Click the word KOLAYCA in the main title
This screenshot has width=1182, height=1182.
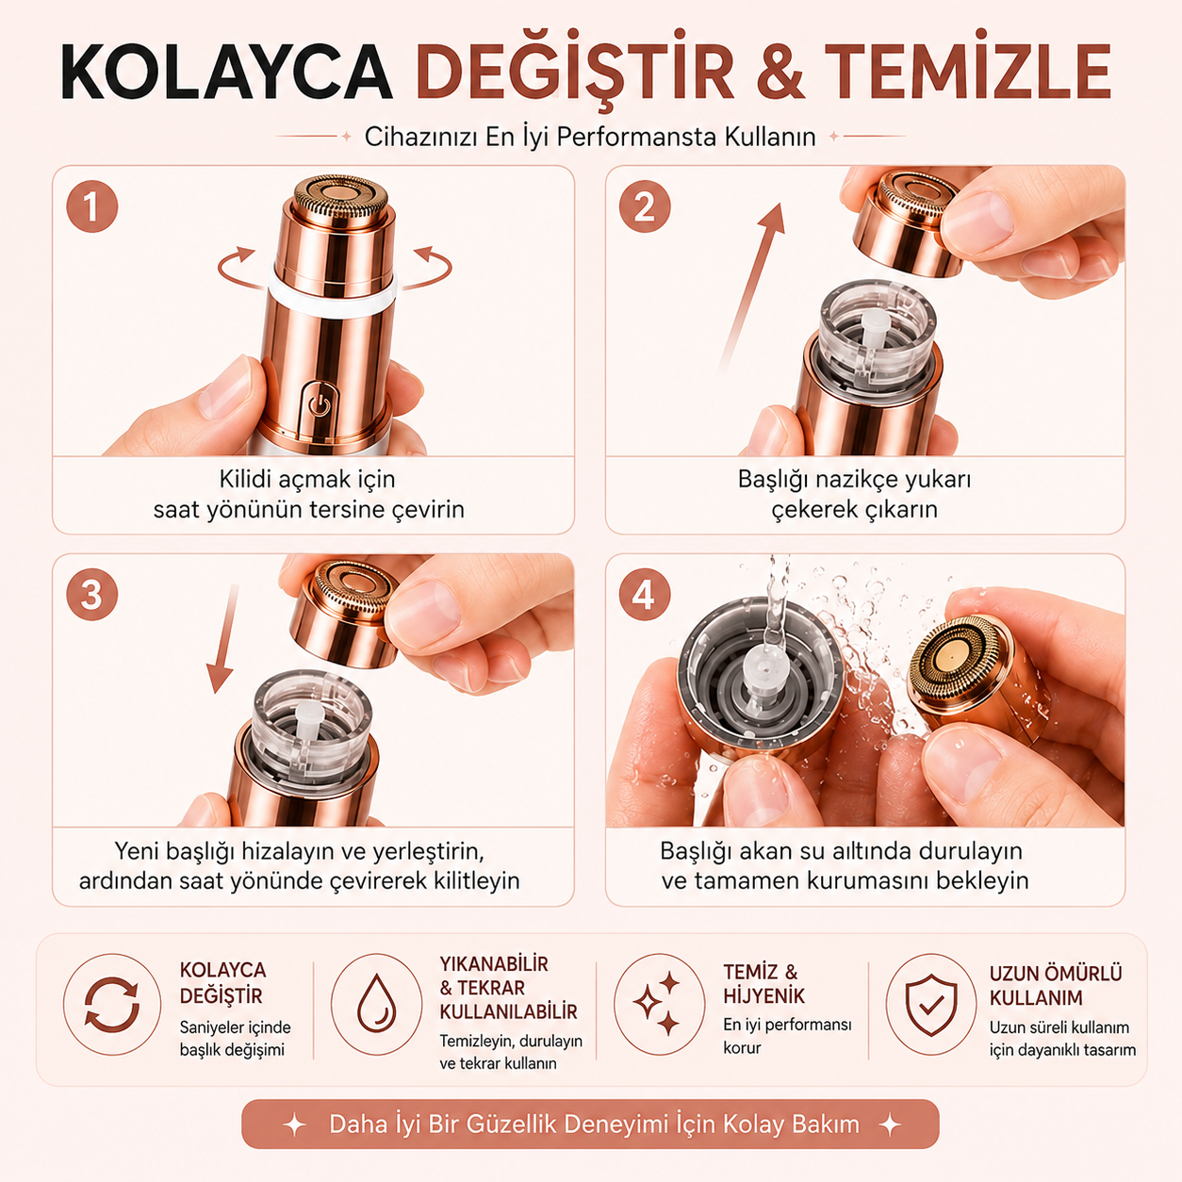tap(226, 71)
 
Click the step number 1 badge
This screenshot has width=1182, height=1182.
tap(92, 206)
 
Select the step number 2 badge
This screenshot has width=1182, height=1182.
tap(645, 206)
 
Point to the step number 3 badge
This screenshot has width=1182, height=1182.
tap(92, 595)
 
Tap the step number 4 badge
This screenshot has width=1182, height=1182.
tap(645, 595)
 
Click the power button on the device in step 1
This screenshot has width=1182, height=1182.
tap(319, 405)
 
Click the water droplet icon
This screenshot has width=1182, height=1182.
tap(377, 1004)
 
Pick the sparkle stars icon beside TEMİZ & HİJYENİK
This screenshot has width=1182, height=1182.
tap(657, 1004)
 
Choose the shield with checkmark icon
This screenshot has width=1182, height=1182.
tap(931, 1004)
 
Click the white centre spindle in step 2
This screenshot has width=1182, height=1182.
tap(875, 328)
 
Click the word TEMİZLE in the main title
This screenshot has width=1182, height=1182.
tap(968, 71)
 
